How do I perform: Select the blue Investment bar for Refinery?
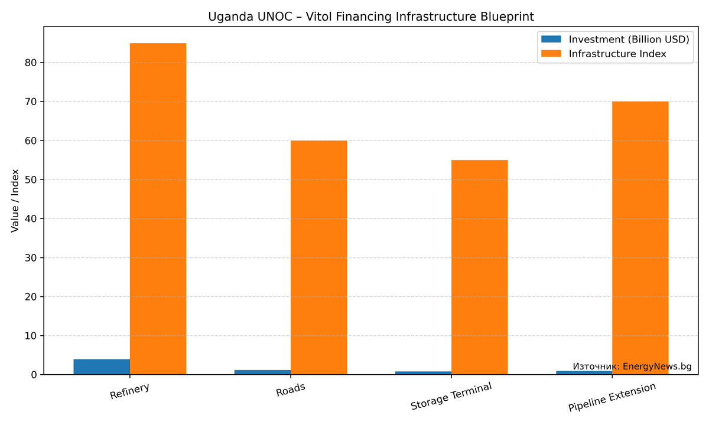102,367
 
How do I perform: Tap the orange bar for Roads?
318,257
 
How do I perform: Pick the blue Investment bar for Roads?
262,372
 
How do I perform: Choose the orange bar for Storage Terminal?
479,267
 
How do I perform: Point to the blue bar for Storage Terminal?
423,372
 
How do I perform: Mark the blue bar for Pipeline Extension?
584,372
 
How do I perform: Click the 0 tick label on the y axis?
34,375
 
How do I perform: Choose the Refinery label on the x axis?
129,391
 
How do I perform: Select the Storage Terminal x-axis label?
451,396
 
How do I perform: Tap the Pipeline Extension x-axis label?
612,397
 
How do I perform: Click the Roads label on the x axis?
290,390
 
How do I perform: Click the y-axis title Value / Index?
15,201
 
